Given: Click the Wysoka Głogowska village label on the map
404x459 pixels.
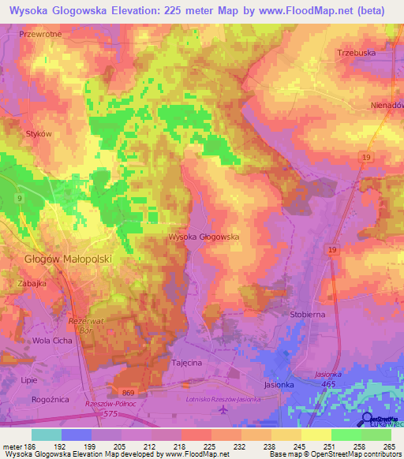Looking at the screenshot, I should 204,236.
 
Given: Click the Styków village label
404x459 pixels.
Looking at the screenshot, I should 38,134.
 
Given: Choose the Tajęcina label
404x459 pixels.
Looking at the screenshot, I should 189,364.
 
